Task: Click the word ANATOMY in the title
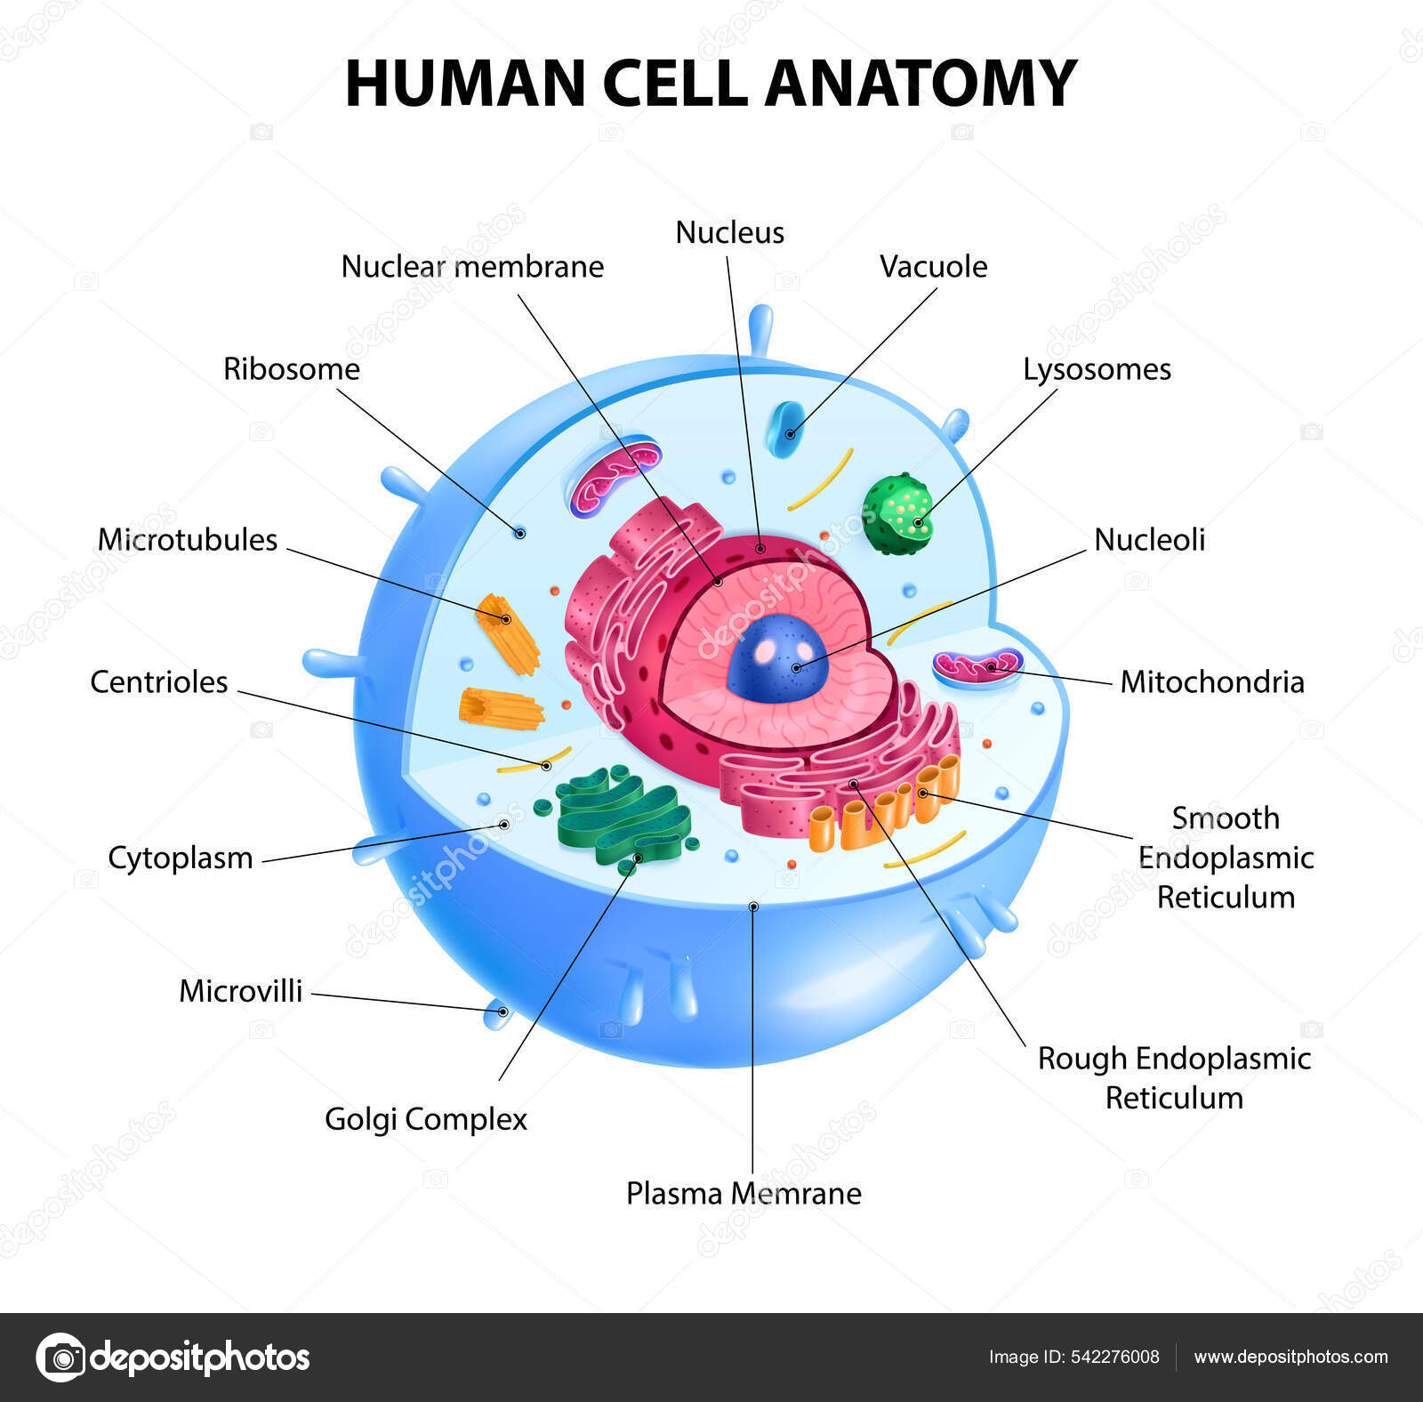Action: coord(921,83)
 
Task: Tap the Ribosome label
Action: coord(291,369)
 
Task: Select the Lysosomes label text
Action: coord(1097,369)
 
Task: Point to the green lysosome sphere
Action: coord(899,514)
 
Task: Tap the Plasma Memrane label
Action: coord(744,1193)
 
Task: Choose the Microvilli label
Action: coord(240,991)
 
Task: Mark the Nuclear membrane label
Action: coord(472,266)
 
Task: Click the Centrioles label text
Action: coord(159,682)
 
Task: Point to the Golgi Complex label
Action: coord(425,1118)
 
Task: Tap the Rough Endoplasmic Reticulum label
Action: coord(1174,1077)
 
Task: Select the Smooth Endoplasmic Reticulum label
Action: coord(1226,857)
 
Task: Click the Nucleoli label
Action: coord(1149,539)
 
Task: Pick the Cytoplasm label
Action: coord(181,858)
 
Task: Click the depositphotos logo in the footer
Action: coord(173,1358)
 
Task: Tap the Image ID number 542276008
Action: coord(1115,1357)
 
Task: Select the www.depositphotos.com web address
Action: coord(1290,1357)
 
